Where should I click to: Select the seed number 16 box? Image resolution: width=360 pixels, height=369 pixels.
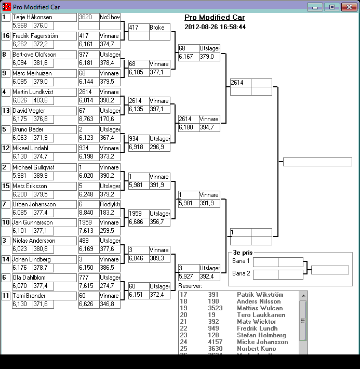(6, 36)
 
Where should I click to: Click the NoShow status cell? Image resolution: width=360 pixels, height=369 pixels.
(110, 17)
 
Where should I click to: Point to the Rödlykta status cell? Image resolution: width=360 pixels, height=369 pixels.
(110, 204)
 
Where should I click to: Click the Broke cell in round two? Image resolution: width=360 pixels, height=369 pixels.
(159, 28)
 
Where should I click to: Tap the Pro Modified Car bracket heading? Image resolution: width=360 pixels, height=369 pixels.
(215, 17)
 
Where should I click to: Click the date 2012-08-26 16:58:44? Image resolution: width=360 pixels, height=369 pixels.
(215, 27)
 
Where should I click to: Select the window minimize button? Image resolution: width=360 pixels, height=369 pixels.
(315, 7)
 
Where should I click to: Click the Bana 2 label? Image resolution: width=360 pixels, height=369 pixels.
(241, 273)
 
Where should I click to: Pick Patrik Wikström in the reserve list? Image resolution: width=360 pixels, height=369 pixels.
(258, 295)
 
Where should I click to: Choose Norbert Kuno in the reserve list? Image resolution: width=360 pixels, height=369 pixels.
(256, 349)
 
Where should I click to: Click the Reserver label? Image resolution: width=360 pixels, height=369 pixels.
(190, 285)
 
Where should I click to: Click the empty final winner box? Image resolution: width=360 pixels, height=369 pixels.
(317, 162)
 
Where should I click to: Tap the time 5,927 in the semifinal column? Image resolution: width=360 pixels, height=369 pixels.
(187, 276)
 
